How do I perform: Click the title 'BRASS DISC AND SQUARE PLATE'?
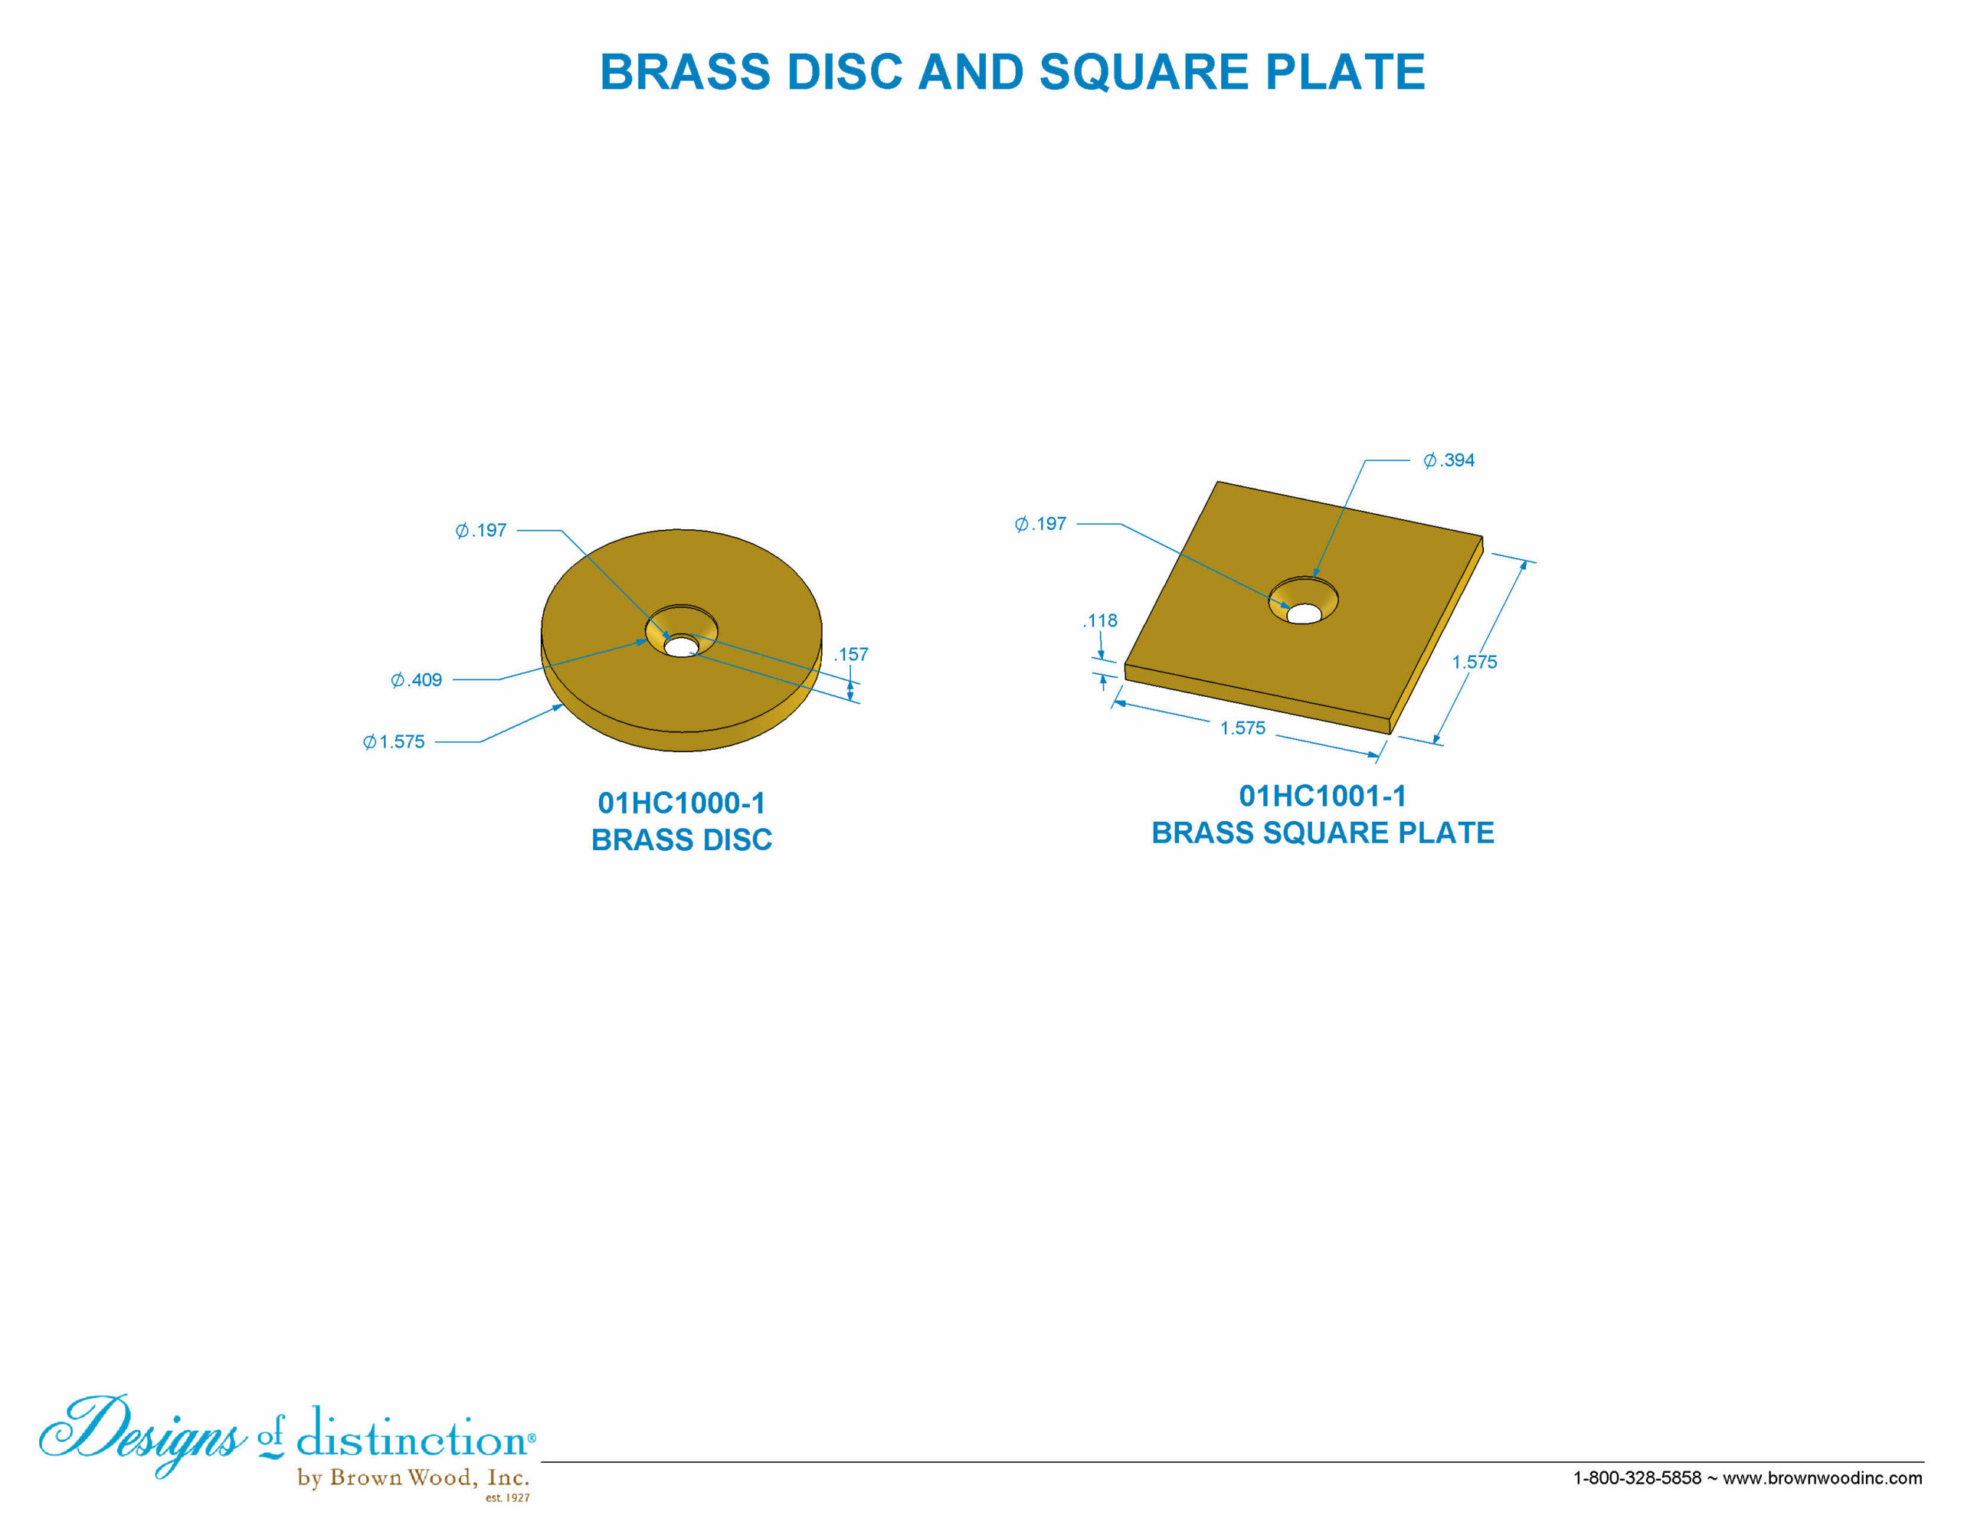(x=1012, y=72)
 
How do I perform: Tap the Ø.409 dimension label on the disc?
(x=416, y=680)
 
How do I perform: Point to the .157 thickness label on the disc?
(x=851, y=654)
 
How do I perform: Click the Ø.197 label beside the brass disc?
(x=480, y=530)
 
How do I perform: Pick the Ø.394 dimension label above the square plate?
(x=1449, y=460)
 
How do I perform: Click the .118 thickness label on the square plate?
(x=1100, y=620)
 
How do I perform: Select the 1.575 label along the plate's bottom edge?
(x=1242, y=728)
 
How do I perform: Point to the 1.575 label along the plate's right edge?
(x=1475, y=662)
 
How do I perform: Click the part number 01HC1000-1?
(x=682, y=803)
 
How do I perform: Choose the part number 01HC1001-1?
(x=1323, y=796)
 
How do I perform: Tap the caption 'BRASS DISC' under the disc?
(x=682, y=839)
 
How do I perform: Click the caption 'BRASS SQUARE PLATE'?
(x=1323, y=833)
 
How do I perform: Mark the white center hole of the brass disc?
(x=682, y=646)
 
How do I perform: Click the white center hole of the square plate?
(x=1304, y=614)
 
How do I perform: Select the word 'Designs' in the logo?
(x=142, y=1432)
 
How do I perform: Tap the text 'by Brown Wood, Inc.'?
(x=413, y=1477)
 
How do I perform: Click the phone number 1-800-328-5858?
(x=1637, y=1477)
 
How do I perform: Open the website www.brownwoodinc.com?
(x=1822, y=1477)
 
